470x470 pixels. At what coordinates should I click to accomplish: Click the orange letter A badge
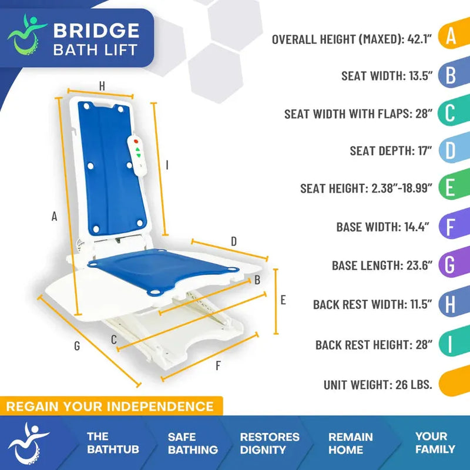451,36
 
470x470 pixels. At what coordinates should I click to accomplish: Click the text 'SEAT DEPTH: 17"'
391,151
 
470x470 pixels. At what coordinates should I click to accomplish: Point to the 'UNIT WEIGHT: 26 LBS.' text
378,385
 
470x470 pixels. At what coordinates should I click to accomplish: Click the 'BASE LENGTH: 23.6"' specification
382,266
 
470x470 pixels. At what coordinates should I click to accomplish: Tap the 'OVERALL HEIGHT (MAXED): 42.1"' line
352,39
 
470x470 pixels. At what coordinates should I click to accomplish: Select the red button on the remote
137,142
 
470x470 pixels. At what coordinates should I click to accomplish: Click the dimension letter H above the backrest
102,86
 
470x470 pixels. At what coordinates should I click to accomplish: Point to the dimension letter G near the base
77,346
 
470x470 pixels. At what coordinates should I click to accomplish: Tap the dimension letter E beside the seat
283,300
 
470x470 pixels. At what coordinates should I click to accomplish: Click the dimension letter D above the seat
233,241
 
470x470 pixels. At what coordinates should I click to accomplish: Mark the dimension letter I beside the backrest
167,166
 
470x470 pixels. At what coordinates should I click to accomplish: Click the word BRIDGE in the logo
96,30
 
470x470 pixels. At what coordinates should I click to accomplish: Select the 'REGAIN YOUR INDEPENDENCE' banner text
110,406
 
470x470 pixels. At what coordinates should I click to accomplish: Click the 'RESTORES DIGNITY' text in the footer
270,444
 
